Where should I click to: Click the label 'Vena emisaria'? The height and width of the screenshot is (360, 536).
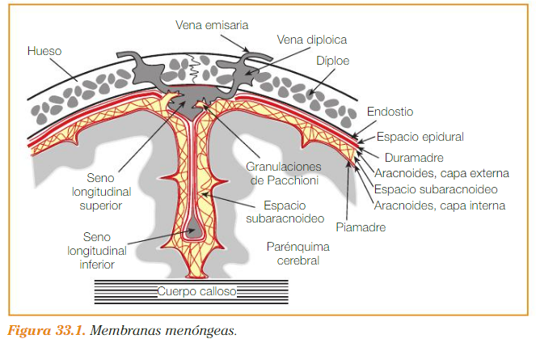tap(213, 24)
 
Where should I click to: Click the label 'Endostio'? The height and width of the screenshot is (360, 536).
tap(390, 111)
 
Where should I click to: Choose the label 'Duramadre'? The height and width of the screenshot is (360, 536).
tap(413, 159)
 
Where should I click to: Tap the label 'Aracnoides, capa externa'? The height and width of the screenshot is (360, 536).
tap(442, 173)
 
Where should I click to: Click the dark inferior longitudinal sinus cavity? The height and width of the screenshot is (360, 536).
tap(193, 230)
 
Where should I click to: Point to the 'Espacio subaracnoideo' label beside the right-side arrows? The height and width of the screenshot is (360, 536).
tap(435, 189)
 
